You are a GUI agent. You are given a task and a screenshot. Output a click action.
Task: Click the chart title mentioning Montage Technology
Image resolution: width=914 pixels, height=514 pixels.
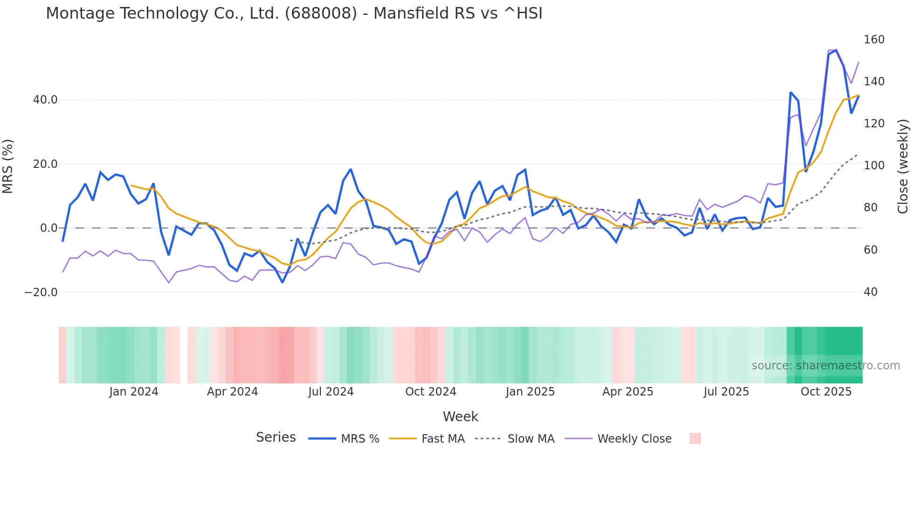coord(294,14)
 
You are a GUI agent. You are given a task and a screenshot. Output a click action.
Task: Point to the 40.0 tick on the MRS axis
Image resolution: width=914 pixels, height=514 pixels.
coord(45,100)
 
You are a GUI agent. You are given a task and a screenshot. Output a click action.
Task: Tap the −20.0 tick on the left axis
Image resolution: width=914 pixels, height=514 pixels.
coord(41,292)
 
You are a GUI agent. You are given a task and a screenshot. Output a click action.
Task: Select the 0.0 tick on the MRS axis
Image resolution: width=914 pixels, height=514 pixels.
coord(49,228)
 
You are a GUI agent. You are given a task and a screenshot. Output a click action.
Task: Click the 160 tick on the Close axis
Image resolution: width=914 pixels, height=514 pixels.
coord(874,40)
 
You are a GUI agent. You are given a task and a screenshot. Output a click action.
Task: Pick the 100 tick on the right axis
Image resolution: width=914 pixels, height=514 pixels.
coord(874,166)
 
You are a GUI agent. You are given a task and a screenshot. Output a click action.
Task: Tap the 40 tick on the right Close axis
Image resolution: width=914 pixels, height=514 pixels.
coord(871,292)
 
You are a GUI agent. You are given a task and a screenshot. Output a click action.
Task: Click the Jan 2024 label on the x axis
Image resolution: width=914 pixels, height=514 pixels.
coord(134,392)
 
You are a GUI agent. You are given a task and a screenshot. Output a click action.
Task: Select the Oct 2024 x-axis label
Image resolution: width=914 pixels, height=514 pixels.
coord(430,392)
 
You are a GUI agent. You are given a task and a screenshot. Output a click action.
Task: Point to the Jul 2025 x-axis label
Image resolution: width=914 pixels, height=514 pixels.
coord(726,392)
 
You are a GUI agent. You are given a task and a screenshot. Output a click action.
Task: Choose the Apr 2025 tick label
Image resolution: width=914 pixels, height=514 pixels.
coord(628,392)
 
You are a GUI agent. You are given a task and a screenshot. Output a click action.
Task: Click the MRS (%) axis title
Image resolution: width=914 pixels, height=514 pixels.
coord(8,166)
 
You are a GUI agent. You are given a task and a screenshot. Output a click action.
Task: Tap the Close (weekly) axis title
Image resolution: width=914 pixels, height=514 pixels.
coord(903,166)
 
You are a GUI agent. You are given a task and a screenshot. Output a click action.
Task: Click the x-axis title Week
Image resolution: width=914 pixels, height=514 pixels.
coord(460,417)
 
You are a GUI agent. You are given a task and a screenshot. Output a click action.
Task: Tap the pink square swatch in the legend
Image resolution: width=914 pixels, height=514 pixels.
coord(695,438)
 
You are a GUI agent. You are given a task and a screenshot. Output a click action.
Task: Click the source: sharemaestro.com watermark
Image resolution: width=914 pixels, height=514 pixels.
coord(825,366)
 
